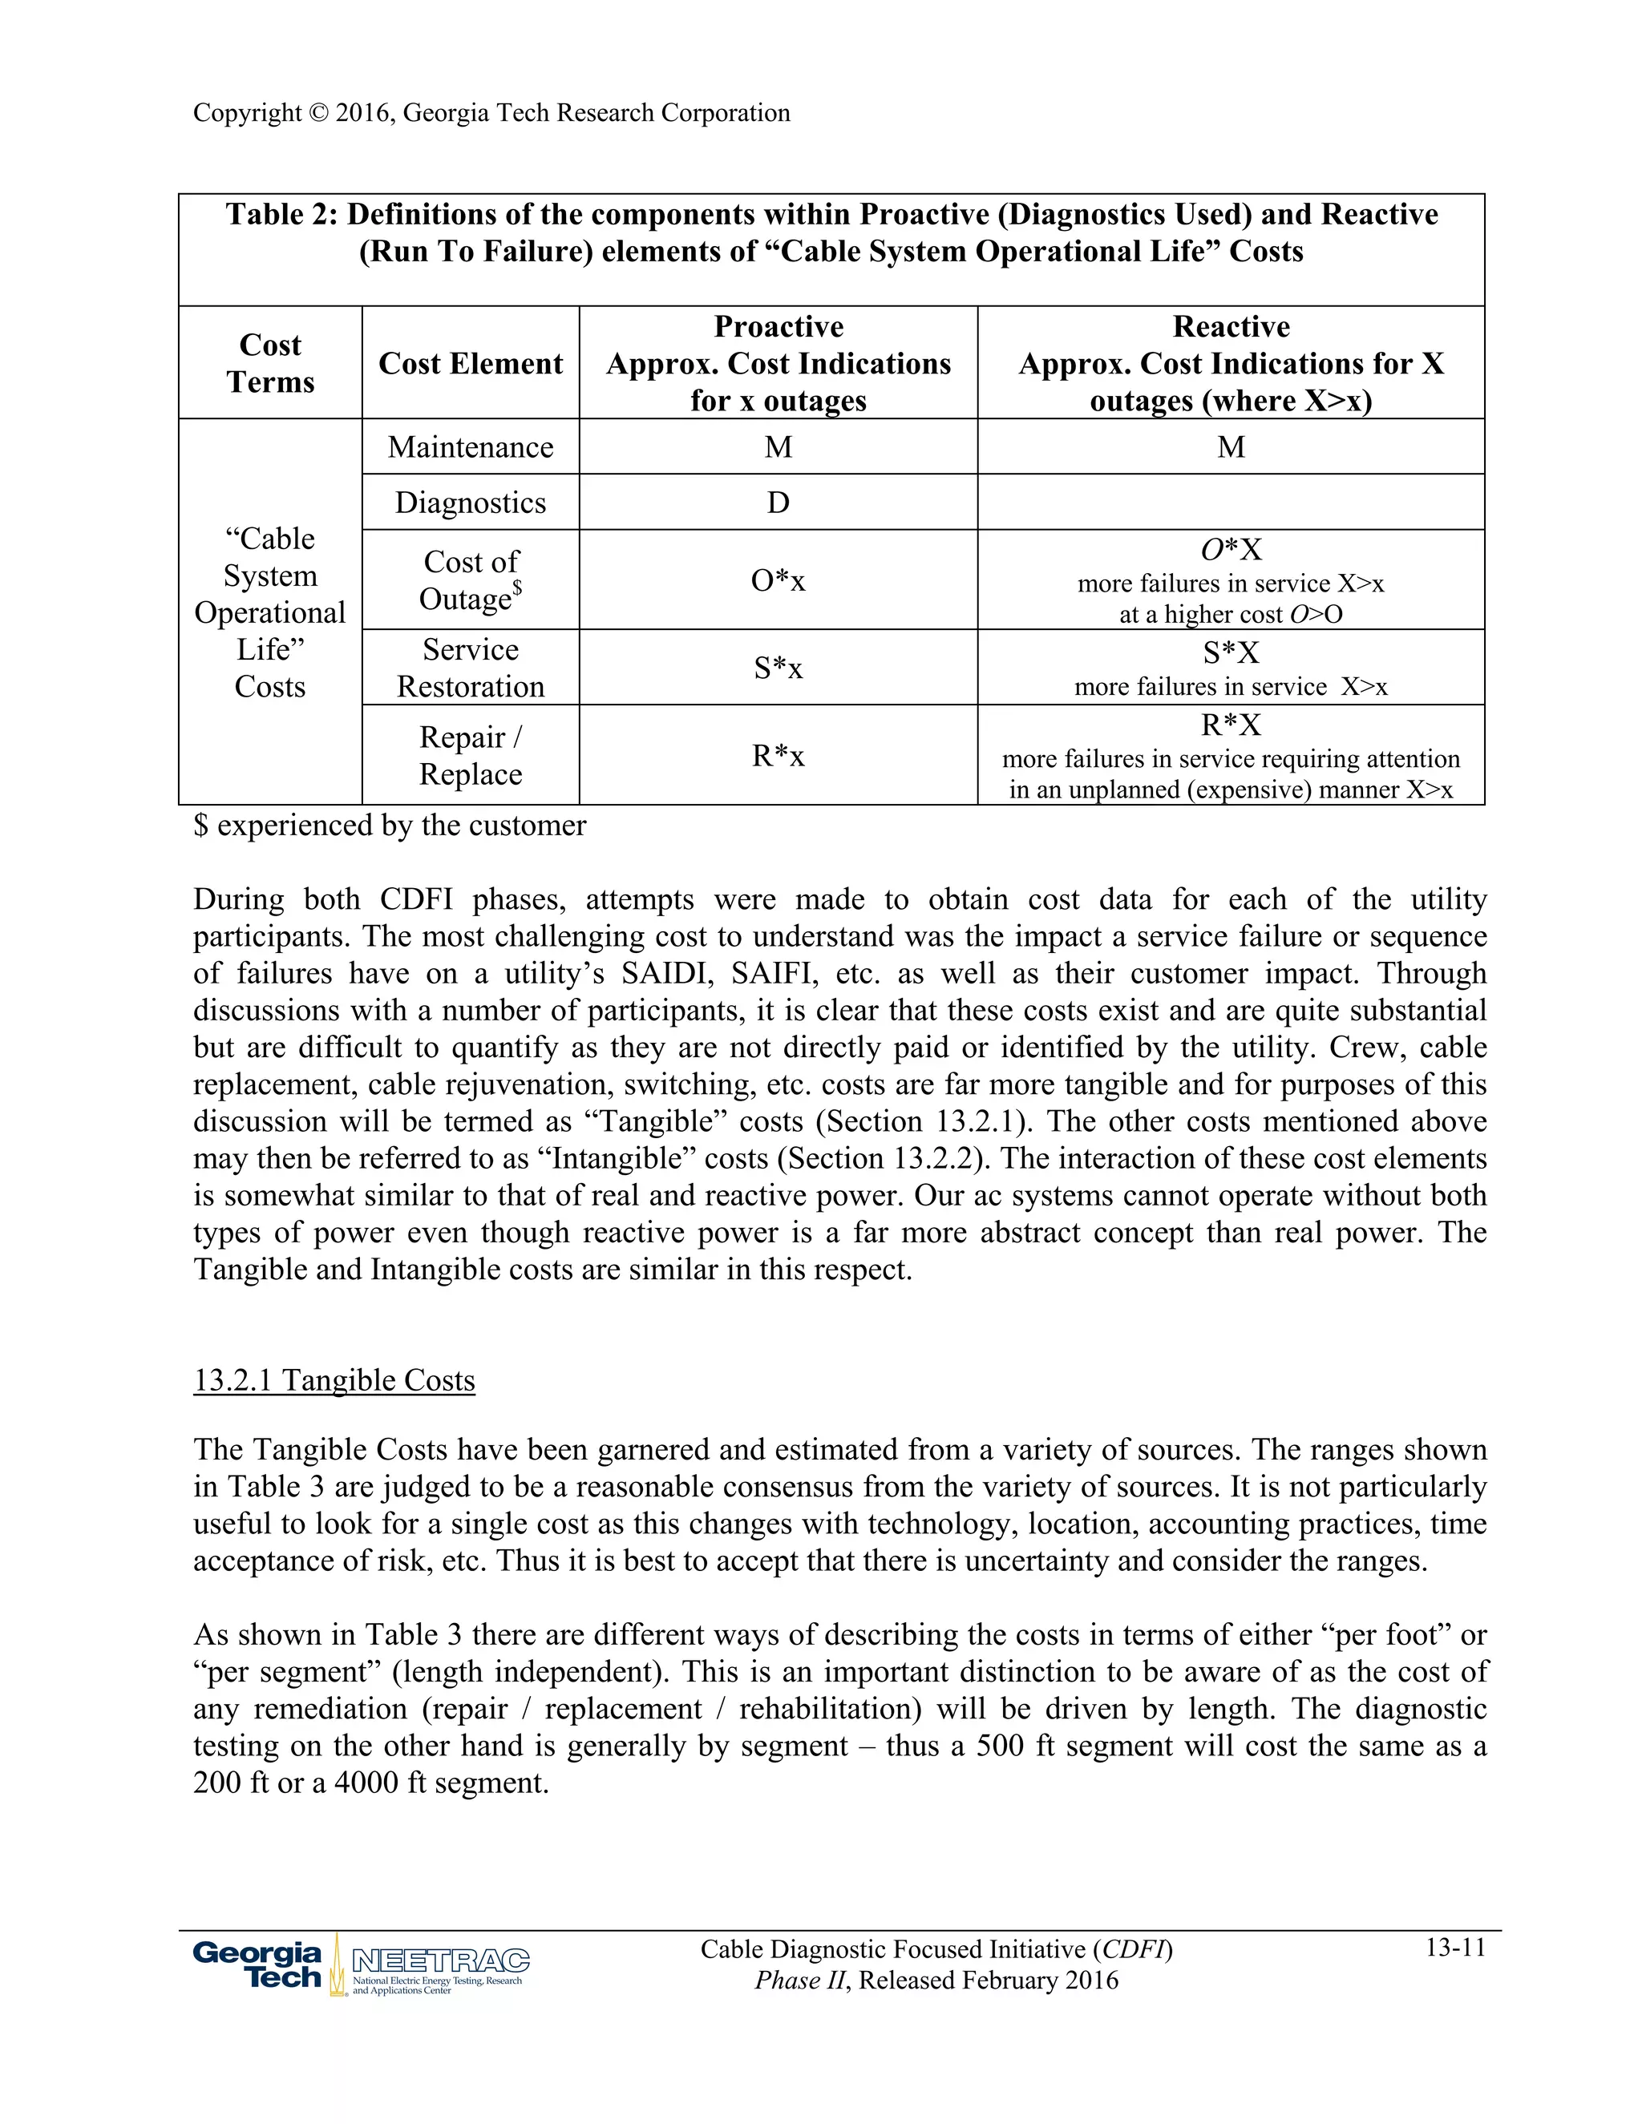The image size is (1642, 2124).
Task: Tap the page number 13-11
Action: (x=1455, y=1947)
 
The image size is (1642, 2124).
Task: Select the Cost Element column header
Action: (x=470, y=364)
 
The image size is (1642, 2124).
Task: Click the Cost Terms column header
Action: (x=270, y=363)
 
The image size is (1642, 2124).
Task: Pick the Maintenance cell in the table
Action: (x=470, y=447)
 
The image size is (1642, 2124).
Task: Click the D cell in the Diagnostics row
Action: (x=779, y=503)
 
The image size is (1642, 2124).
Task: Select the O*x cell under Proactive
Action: (x=779, y=580)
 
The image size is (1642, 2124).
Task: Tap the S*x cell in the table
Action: (x=779, y=668)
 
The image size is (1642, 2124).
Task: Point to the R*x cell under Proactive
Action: (x=779, y=756)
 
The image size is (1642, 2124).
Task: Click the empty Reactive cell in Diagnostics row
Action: (x=1231, y=503)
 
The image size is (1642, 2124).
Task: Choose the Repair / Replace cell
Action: (x=470, y=756)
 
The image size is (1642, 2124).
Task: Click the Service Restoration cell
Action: (x=470, y=668)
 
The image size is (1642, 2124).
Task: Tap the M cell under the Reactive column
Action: (x=1231, y=447)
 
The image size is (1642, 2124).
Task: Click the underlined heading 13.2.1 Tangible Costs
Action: (x=334, y=1380)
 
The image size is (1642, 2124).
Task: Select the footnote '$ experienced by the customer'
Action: (x=389, y=826)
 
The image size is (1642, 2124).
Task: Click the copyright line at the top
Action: (x=491, y=113)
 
